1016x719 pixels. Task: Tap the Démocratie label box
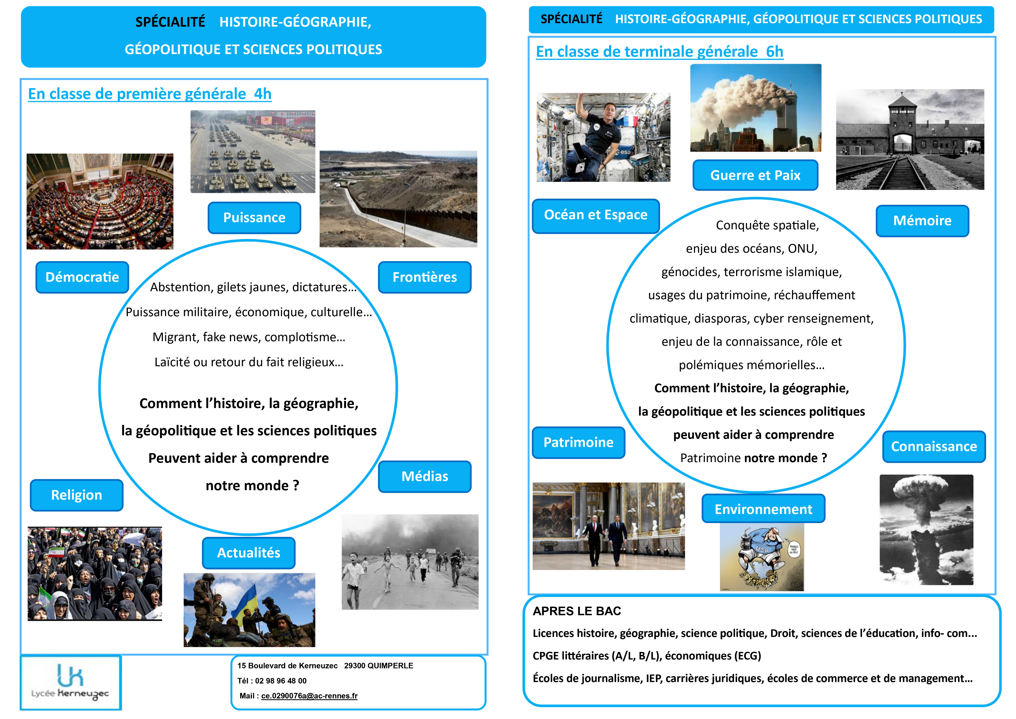click(x=82, y=277)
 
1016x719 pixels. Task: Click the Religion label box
click(x=76, y=495)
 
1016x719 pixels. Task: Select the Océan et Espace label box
click(x=596, y=215)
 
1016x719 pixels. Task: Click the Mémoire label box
click(x=922, y=221)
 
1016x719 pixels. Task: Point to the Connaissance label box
click(x=934, y=446)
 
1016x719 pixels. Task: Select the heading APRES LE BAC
click(x=577, y=611)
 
